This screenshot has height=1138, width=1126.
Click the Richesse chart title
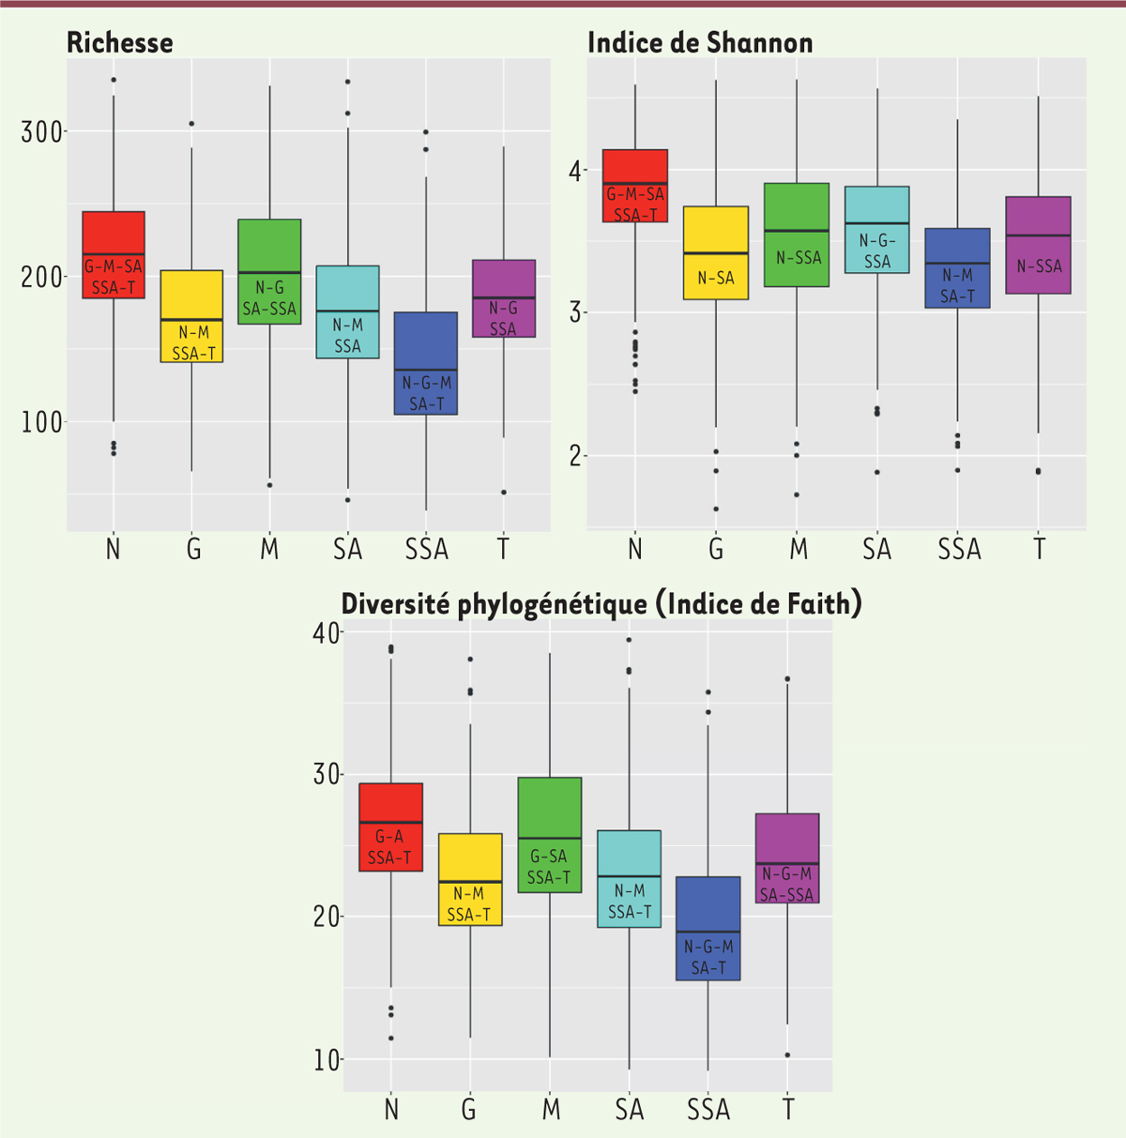(120, 42)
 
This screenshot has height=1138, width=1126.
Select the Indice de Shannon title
(700, 42)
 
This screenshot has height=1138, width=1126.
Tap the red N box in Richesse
(114, 254)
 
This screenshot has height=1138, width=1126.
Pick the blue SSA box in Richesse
(426, 363)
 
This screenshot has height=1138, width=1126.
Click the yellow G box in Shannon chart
(716, 252)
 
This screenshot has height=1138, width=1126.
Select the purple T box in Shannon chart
(1039, 245)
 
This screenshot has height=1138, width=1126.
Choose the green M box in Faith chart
(549, 834)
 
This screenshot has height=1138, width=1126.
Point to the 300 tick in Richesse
(42, 132)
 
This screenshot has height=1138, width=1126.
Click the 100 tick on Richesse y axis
(42, 422)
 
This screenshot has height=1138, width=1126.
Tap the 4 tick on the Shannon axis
(574, 171)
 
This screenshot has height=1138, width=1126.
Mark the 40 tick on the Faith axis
(327, 632)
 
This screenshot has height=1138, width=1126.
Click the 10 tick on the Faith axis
(327, 1059)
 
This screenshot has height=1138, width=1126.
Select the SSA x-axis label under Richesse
(427, 549)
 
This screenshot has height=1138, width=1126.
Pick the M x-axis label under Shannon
(799, 549)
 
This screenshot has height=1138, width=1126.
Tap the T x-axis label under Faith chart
(788, 1110)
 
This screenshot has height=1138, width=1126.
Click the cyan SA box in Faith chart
(629, 878)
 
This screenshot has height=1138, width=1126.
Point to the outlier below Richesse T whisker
(504, 492)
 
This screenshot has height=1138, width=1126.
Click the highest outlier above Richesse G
(191, 123)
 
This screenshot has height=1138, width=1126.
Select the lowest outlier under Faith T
(787, 1055)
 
